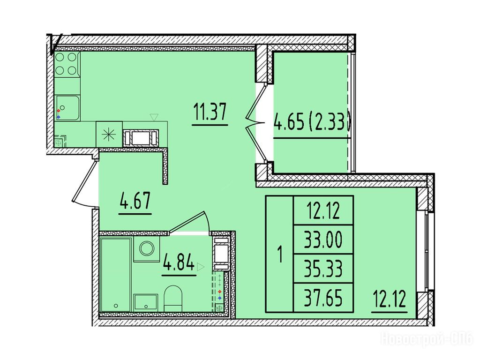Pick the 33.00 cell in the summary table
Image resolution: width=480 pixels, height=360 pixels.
[x=323, y=240]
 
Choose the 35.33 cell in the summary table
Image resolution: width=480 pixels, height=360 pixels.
[x=323, y=269]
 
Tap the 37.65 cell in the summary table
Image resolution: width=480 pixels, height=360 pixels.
[x=323, y=298]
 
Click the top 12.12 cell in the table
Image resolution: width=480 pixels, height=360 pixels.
[x=323, y=210]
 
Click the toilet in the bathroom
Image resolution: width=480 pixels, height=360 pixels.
[x=173, y=299]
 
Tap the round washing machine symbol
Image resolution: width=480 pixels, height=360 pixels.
[x=147, y=248]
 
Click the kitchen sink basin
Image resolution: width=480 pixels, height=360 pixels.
[x=67, y=108]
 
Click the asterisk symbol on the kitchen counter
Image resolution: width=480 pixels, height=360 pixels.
[x=109, y=135]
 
